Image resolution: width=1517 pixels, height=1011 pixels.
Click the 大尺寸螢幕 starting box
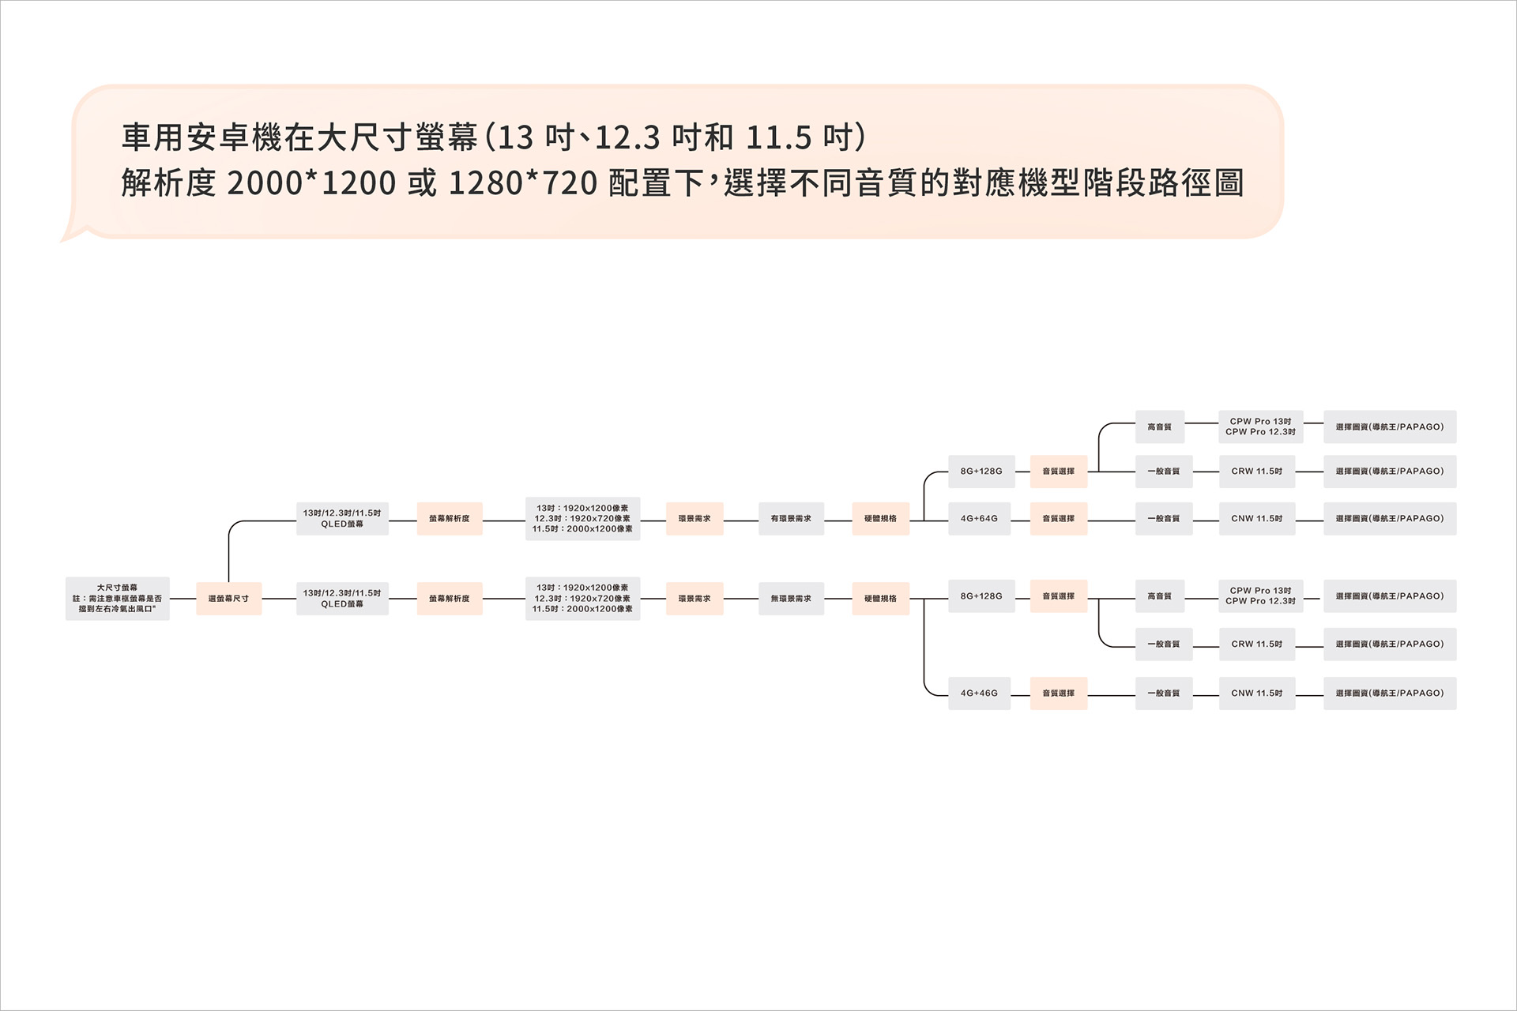point(117,599)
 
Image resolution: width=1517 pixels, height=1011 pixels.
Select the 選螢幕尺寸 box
point(228,599)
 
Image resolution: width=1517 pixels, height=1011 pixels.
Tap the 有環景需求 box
point(791,519)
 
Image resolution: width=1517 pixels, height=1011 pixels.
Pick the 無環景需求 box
point(791,599)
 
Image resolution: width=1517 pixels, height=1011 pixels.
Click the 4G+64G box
point(979,519)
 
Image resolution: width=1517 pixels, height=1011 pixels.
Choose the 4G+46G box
point(979,693)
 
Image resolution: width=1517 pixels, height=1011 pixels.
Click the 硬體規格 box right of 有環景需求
point(880,519)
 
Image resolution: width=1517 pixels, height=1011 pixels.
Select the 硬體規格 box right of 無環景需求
point(880,599)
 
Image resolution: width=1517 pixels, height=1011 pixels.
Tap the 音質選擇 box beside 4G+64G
point(1058,519)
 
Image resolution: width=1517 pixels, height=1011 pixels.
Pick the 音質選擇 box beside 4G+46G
point(1058,693)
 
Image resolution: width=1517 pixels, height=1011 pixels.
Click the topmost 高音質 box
point(1159,427)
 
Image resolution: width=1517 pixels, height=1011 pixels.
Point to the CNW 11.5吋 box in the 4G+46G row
point(1256,693)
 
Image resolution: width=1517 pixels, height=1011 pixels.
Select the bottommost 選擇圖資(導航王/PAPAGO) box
point(1389,693)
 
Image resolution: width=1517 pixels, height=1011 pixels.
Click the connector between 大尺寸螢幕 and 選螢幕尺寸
point(183,599)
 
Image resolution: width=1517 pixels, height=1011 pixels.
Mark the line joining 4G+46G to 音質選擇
point(1020,693)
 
